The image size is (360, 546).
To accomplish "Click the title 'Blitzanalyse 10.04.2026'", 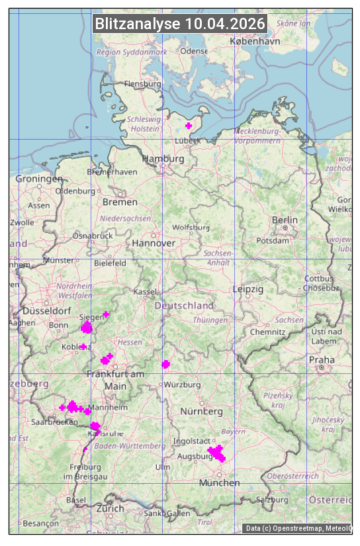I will [180, 24].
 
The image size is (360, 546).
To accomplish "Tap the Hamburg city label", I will [163, 159].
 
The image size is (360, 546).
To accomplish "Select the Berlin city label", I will [285, 220].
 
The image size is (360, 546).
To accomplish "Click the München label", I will [220, 482].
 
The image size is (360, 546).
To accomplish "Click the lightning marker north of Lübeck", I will [189, 125].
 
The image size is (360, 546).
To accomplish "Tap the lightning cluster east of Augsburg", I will [216, 453].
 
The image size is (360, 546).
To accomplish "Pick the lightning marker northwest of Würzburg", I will [165, 364].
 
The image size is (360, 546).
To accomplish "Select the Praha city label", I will [322, 360].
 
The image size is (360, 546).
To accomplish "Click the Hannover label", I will [154, 243].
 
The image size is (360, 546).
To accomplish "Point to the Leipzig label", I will [248, 289].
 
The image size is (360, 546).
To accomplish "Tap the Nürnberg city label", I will [202, 411].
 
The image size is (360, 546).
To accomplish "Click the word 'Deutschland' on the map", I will [184, 305].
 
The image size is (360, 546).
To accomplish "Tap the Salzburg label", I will [273, 500].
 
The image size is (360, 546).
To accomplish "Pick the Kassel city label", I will [144, 291].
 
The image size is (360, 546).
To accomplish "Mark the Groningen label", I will [39, 179].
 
